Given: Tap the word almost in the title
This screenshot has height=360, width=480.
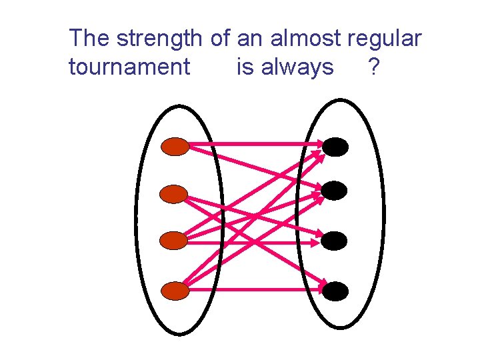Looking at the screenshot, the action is (306, 39).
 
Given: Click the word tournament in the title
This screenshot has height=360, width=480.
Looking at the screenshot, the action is (129, 67).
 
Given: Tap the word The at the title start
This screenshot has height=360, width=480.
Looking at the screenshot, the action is (90, 39).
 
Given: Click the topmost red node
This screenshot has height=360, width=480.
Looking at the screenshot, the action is (176, 147).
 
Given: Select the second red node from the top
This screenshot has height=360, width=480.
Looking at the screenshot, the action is (176, 195).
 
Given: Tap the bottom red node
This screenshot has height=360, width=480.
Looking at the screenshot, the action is (176, 291).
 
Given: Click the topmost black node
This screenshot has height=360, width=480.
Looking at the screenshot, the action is (335, 147).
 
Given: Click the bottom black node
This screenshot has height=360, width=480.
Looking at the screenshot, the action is (335, 291).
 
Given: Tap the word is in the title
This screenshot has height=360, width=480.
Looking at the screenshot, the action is (245, 67).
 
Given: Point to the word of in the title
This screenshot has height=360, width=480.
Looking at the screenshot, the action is (220, 39).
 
